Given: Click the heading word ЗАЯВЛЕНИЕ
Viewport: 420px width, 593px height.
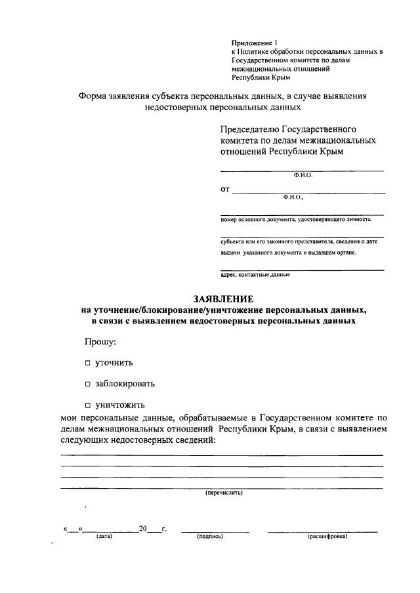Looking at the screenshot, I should tap(219, 298).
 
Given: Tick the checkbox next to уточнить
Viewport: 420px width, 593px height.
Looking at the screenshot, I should tap(87, 363).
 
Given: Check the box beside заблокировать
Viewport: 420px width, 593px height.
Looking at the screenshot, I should tap(87, 384).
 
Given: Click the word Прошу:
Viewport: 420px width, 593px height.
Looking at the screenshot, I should tap(100, 342).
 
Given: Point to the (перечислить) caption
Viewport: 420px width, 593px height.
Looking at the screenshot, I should tap(224, 493).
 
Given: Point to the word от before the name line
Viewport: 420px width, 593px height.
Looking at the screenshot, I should tap(225, 190).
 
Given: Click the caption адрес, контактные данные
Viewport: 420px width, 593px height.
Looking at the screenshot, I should tap(255, 275).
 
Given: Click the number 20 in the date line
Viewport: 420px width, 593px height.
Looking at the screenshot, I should tap(143, 529).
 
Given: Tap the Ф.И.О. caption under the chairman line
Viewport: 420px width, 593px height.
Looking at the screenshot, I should tap(303, 176).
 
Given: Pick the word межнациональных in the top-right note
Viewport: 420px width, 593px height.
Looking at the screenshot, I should tap(254, 68).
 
